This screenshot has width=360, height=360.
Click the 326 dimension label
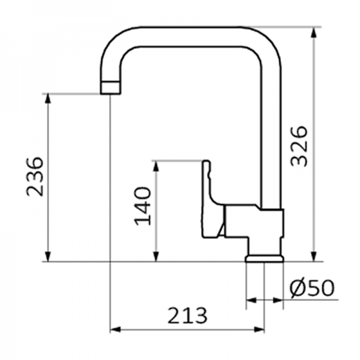coord(298,146)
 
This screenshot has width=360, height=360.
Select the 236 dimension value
coord(34,176)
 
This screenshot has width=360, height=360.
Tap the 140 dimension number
coord(142,206)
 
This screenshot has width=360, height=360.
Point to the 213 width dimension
coord(187,314)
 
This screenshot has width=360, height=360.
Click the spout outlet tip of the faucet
coord(109,88)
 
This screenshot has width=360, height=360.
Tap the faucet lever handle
coord(211,198)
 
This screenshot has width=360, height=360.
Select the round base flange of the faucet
coord(265,259)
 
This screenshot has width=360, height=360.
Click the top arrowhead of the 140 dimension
coord(156,166)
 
